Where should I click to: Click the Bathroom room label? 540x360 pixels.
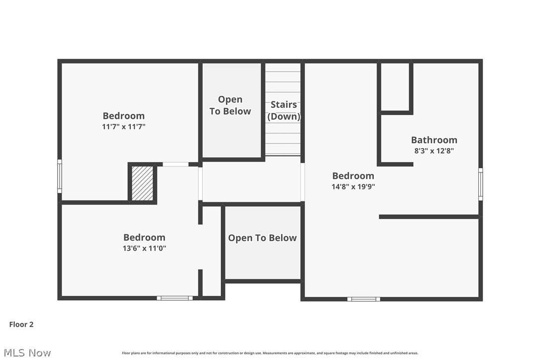434,140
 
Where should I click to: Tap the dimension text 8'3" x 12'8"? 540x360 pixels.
434,150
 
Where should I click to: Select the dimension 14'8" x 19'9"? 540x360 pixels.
353,186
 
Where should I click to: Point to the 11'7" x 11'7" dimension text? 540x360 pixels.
124,127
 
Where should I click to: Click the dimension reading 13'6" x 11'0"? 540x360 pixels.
144,248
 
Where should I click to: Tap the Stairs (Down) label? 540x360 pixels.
284,110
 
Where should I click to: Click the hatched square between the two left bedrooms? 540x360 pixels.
142,183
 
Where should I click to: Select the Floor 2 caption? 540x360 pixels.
21,324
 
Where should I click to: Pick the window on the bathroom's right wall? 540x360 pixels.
480,184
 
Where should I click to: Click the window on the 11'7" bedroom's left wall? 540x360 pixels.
60,176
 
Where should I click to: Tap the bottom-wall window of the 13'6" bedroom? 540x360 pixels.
175,298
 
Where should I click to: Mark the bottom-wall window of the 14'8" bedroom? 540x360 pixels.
363,299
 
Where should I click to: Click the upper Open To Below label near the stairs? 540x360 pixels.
230,105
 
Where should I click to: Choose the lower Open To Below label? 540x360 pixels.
263,238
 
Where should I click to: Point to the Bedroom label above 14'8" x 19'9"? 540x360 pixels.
353,176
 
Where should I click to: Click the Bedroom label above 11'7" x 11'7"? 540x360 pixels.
124,116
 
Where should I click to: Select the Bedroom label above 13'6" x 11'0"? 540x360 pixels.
144,237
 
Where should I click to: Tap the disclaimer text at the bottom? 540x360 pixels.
270,353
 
